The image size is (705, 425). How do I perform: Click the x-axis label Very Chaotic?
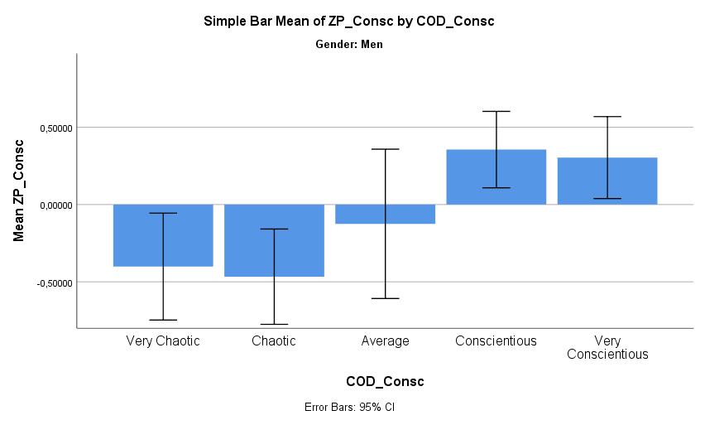coord(163,340)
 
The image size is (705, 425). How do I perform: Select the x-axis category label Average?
coord(385,340)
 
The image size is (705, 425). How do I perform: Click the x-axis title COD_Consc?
coord(385,381)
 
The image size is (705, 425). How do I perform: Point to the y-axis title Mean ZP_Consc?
coord(19,191)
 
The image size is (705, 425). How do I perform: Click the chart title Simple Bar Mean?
coord(348,22)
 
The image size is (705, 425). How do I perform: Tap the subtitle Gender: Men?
coord(348,45)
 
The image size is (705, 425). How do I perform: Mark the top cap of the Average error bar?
coord(385,149)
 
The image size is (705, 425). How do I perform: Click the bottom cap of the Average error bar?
coord(385,298)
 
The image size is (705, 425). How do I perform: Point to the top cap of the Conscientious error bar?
coord(496,111)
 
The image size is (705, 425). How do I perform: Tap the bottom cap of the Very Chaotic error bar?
coord(163,320)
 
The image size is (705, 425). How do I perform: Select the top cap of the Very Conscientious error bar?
coord(607,117)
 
